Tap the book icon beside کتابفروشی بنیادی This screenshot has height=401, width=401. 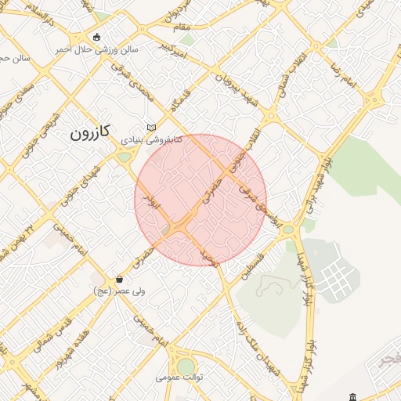[x=152, y=128]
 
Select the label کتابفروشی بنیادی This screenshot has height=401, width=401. [x=151, y=139]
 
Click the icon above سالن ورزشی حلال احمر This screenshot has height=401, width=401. [x=96, y=37]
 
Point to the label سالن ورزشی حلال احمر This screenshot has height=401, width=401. [x=96, y=49]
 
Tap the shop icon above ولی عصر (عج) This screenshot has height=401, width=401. [x=119, y=278]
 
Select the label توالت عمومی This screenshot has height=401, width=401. [x=179, y=377]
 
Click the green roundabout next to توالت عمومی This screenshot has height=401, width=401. [x=186, y=366]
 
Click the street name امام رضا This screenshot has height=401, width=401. [x=345, y=72]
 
